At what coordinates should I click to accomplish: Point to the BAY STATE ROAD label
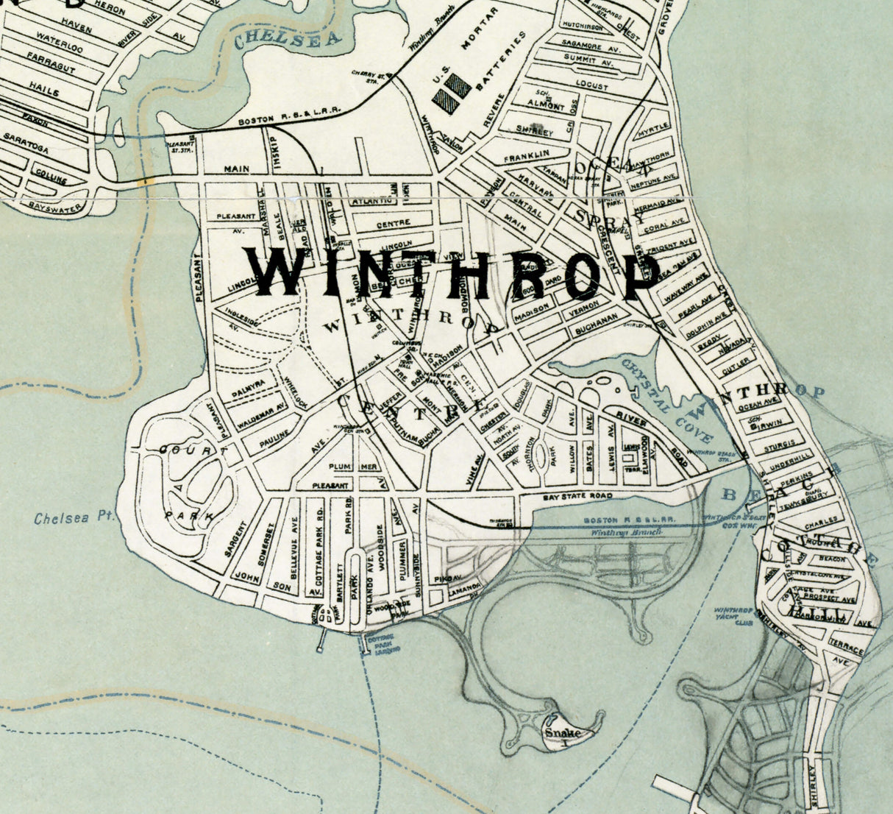pyautogui.click(x=577, y=498)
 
